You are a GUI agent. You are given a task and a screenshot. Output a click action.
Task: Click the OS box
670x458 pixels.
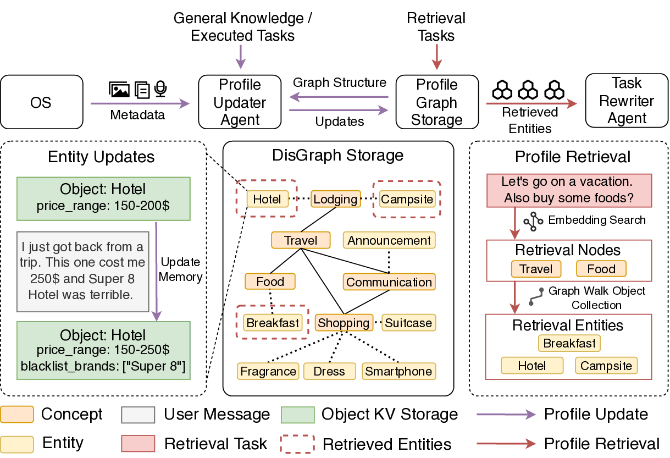[x=42, y=102]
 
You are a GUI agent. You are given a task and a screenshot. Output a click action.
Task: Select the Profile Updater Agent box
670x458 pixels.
[x=240, y=102]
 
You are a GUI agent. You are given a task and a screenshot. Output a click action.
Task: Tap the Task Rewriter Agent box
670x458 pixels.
[x=627, y=101]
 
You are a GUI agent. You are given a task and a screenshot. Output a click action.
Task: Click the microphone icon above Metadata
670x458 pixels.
[x=160, y=89]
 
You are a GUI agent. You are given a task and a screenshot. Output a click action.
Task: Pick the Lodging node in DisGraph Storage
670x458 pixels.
[x=335, y=199]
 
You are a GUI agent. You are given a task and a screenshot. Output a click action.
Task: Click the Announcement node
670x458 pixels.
[x=389, y=240]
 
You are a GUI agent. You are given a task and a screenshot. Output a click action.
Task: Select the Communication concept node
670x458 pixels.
[x=389, y=282]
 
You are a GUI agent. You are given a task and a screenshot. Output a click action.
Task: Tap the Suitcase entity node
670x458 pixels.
[x=408, y=323]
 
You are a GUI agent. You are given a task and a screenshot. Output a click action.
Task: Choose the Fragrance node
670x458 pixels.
[x=268, y=371]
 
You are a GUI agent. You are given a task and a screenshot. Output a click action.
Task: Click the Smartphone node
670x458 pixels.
[x=398, y=371]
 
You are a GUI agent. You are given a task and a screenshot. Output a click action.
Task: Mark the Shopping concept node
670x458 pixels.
[x=344, y=323]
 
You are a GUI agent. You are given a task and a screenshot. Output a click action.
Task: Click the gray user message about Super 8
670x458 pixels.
[x=84, y=272]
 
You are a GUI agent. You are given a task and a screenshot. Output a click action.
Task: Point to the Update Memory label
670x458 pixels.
[x=180, y=269]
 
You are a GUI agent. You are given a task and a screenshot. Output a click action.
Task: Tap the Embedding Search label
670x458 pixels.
[x=597, y=220]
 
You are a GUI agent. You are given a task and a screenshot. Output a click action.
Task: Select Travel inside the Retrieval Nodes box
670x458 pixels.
[x=536, y=269]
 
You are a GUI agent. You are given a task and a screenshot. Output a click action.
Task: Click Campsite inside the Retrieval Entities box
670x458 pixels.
[x=606, y=366]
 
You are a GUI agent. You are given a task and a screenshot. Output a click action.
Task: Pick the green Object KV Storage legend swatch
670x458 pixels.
[x=297, y=415]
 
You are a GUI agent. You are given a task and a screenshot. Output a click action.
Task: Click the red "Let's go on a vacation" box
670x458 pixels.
[x=569, y=190]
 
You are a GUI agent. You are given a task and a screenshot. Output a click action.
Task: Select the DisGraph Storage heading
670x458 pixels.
[x=337, y=155]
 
